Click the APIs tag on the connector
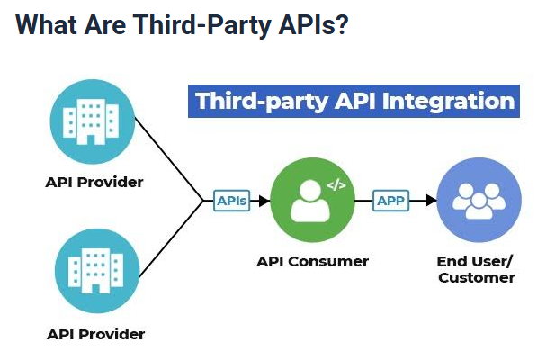pyautogui.click(x=232, y=200)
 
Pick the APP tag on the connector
pyautogui.click(x=391, y=200)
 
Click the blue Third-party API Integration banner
pyautogui.click(x=354, y=101)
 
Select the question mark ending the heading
pyautogui.click(x=339, y=26)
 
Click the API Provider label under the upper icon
pyautogui.click(x=94, y=182)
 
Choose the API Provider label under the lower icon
pyautogui.click(x=95, y=334)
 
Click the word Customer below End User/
pyautogui.click(x=476, y=278)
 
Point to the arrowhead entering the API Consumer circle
pyautogui.click(x=264, y=200)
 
